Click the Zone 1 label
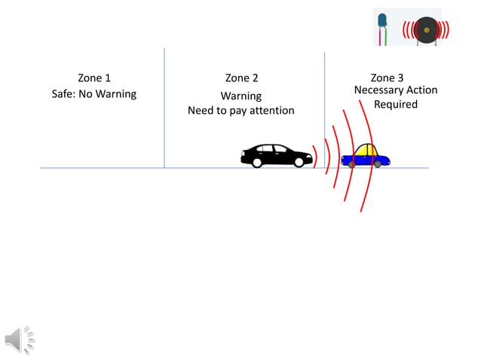(x=94, y=78)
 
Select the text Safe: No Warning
(x=94, y=94)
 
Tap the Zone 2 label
(x=241, y=78)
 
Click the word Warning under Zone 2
(x=241, y=96)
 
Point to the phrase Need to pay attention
(x=241, y=111)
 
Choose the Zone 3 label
(x=387, y=78)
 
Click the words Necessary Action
(x=395, y=90)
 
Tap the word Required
(x=395, y=105)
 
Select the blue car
(x=366, y=157)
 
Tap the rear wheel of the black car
(x=257, y=162)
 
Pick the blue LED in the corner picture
(x=382, y=20)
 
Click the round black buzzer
(x=426, y=30)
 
